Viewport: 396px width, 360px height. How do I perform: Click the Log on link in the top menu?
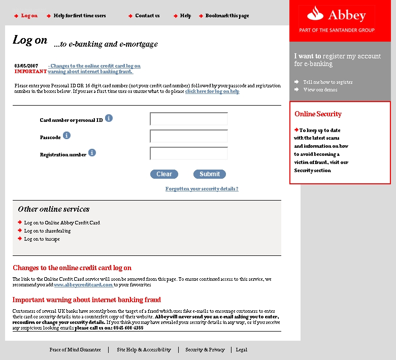[29, 16]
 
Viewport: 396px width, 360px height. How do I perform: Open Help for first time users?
[80, 16]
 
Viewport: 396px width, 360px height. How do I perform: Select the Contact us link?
[147, 16]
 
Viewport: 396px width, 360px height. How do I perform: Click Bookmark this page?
[227, 16]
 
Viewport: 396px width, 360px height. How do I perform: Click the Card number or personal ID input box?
[189, 119]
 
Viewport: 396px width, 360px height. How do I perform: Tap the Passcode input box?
[189, 136]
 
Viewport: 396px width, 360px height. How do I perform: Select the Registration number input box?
[189, 153]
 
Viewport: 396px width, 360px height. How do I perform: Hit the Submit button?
[210, 174]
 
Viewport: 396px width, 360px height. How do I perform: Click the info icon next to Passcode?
[67, 136]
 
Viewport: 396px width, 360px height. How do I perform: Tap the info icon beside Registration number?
[92, 152]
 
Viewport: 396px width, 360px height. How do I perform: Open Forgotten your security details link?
[202, 189]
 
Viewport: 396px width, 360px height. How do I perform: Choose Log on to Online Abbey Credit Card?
[62, 223]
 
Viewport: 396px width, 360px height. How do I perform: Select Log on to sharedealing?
[47, 231]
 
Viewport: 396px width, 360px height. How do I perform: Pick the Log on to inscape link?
[42, 239]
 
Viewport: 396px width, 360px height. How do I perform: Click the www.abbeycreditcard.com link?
[83, 285]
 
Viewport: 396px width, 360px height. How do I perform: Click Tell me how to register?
[327, 82]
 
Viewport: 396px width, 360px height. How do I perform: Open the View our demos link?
[320, 90]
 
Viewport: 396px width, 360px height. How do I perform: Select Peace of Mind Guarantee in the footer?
[75, 350]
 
